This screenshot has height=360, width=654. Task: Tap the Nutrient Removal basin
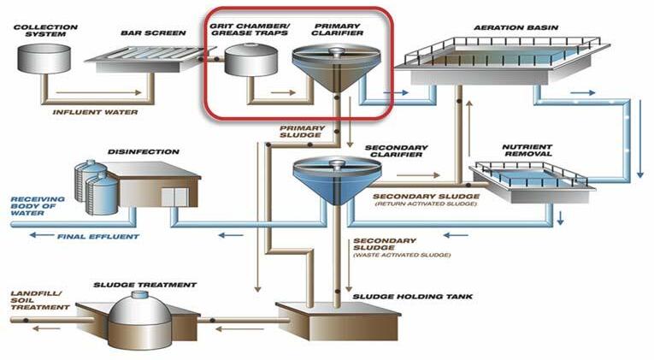(x=531, y=176)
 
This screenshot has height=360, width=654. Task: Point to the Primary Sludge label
(x=300, y=132)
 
